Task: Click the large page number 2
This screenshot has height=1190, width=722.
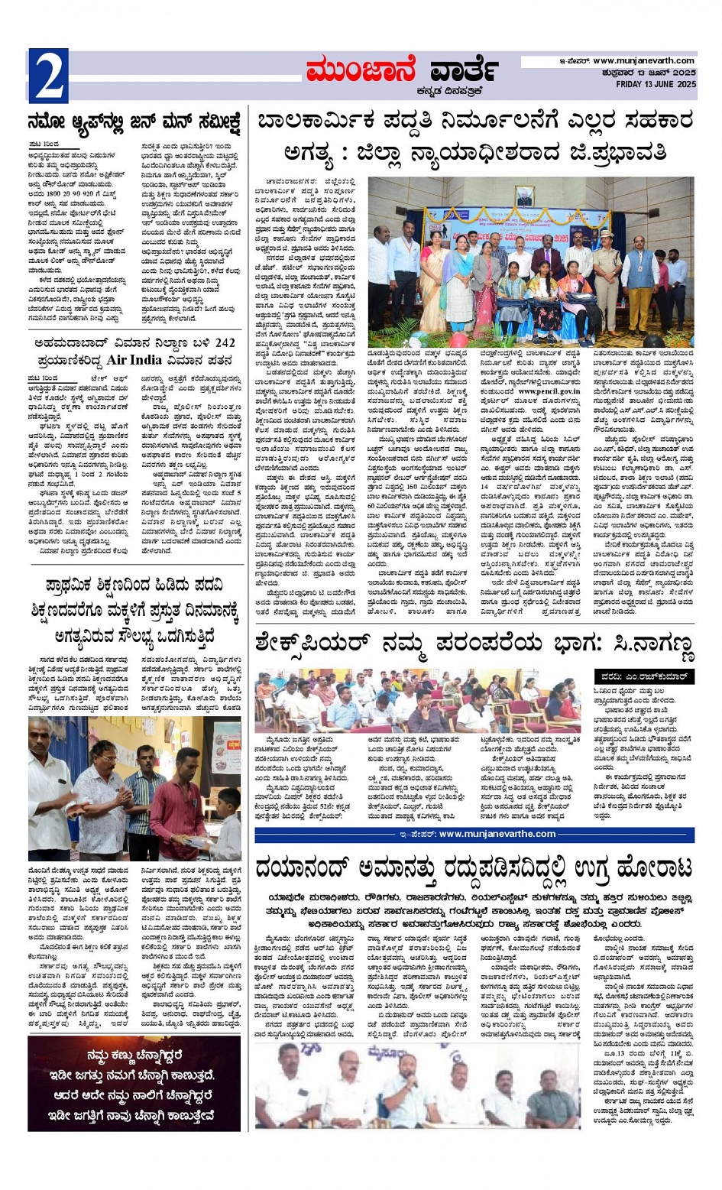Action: pyautogui.click(x=47, y=75)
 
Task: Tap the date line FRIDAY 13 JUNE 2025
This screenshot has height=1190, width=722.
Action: pyautogui.click(x=656, y=84)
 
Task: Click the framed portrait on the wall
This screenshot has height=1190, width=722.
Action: pyautogui.click(x=524, y=196)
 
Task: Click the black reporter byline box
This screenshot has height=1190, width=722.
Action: pyautogui.click(x=644, y=676)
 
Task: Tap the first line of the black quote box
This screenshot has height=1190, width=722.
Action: pyautogui.click(x=134, y=1056)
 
